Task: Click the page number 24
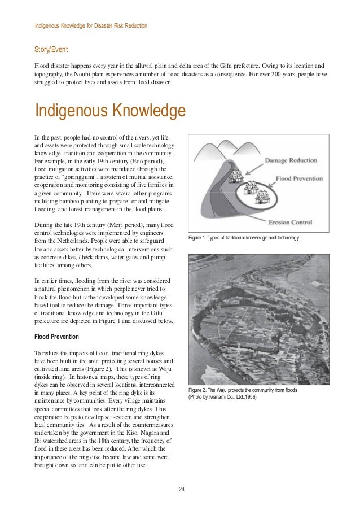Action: tap(181, 489)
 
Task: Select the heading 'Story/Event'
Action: tap(52, 50)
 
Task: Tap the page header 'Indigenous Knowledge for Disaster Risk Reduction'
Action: tap(91, 26)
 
